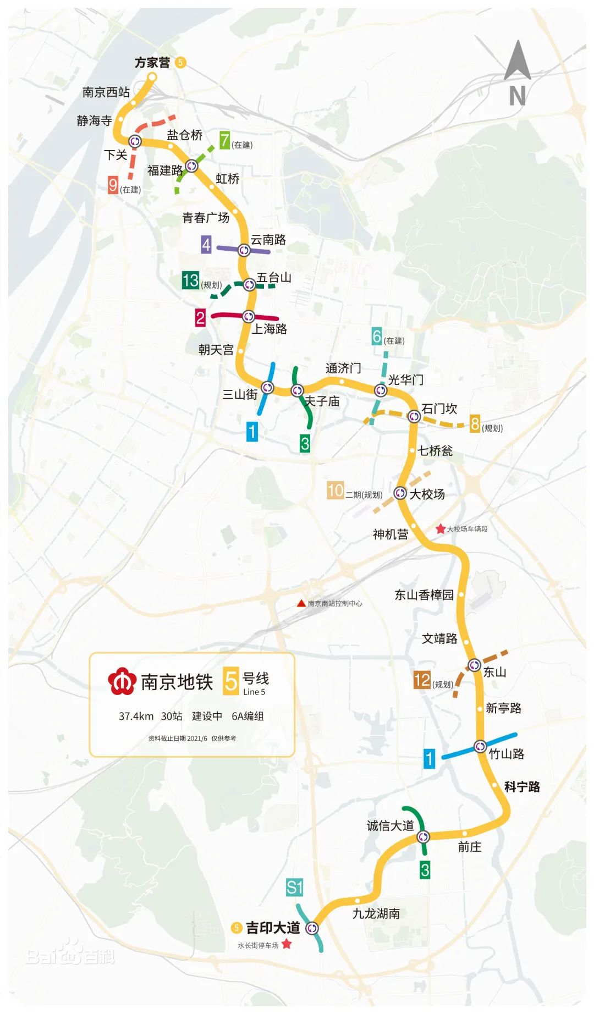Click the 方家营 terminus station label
click(152, 63)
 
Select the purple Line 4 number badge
click(206, 245)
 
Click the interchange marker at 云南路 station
click(244, 250)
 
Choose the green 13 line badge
click(190, 280)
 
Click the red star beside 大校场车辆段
click(441, 529)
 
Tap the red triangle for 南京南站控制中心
click(301, 603)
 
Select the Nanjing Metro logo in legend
click(122, 682)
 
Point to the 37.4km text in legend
click(136, 716)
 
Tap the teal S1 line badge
click(294, 887)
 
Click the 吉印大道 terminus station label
click(272, 928)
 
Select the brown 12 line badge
click(422, 680)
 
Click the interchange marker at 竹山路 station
click(480, 746)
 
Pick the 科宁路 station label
click(522, 787)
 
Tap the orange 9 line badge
click(113, 185)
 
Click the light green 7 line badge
click(224, 141)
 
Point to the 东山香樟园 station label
click(424, 595)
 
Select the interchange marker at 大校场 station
click(400, 493)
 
